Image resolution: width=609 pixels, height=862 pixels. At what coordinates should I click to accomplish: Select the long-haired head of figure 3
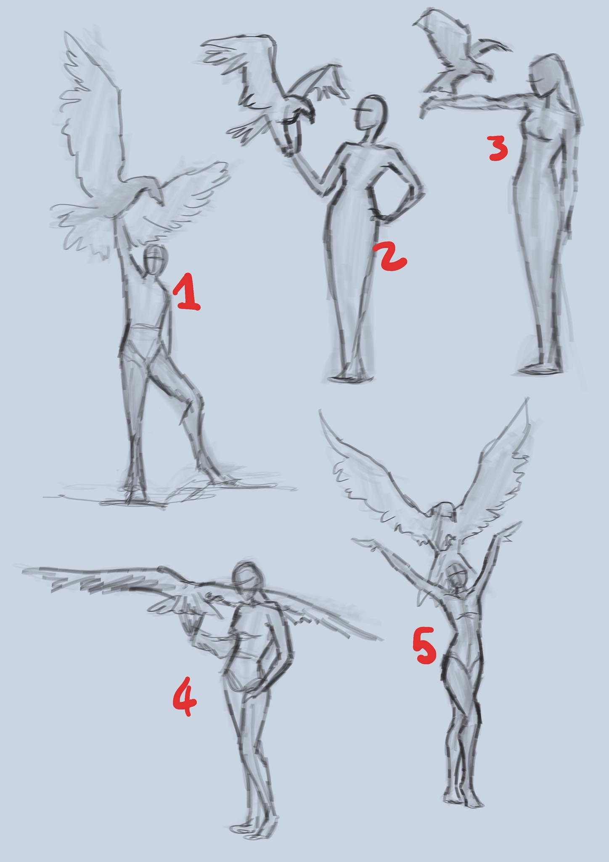[x=547, y=80]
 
